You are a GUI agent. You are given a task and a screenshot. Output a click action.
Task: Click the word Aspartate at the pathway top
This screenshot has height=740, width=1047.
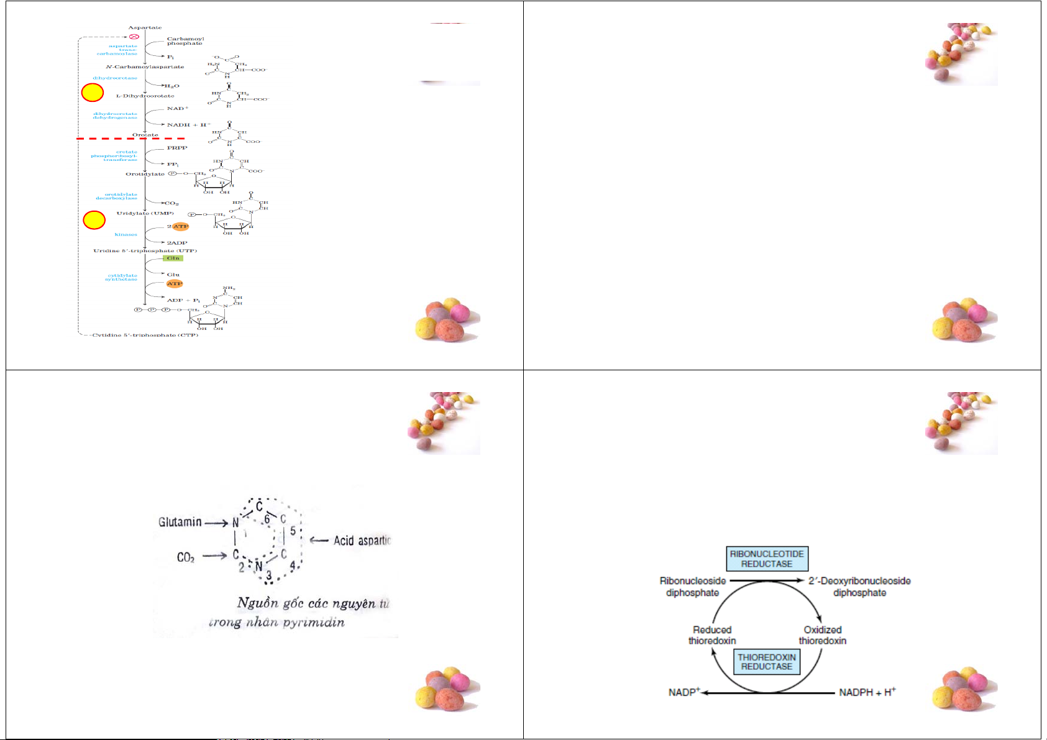(145, 27)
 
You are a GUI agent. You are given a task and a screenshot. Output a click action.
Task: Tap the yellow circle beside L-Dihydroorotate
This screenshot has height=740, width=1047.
(93, 93)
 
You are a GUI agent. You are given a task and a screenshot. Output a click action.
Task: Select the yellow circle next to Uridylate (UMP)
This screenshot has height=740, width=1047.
(94, 220)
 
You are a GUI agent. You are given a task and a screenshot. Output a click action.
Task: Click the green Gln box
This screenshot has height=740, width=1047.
(173, 258)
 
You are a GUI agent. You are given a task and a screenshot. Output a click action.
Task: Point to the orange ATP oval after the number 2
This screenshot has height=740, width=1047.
(180, 226)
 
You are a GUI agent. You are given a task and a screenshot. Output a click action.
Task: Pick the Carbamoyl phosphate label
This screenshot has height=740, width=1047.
(185, 41)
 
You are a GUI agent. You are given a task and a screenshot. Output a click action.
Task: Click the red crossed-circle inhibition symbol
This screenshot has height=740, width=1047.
(134, 37)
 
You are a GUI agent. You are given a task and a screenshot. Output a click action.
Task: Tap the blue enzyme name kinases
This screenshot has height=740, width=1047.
(126, 235)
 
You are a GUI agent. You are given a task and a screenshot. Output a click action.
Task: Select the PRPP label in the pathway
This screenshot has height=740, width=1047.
(177, 148)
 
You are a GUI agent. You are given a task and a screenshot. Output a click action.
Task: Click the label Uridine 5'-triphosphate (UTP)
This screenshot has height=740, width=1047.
(145, 251)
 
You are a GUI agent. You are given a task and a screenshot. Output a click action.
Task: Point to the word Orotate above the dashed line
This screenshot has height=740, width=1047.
(145, 135)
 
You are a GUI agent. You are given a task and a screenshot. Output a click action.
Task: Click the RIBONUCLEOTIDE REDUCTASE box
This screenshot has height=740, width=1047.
(767, 559)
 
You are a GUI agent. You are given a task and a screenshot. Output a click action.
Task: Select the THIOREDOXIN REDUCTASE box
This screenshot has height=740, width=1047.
(767, 661)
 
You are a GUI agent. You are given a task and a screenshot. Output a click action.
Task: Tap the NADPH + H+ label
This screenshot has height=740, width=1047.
(867, 692)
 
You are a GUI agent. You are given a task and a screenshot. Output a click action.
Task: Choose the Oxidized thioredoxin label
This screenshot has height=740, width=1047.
(822, 635)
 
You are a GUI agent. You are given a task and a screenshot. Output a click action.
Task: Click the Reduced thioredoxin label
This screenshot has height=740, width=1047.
(712, 635)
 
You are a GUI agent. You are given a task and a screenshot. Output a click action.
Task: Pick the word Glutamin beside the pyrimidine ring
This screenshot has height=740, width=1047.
(180, 522)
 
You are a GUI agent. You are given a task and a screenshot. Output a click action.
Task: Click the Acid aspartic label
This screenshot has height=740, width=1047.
(362, 541)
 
